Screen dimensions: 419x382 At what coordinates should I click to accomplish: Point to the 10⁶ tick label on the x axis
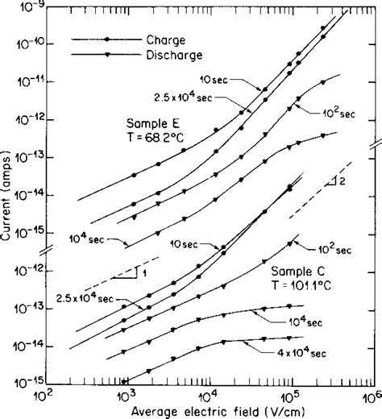[x=371, y=397]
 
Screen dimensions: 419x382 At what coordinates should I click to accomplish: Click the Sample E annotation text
[x=152, y=123]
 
